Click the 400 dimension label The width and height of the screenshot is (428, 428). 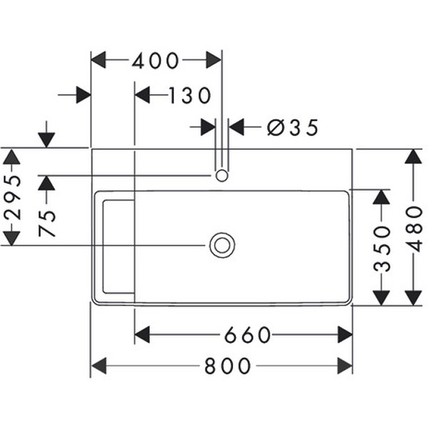click(x=156, y=61)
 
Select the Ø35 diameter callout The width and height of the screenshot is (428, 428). click(x=292, y=128)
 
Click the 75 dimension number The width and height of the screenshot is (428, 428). click(x=47, y=223)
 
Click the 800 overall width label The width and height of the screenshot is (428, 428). click(x=228, y=367)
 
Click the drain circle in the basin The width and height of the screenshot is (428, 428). click(x=222, y=245)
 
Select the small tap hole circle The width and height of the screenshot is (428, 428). click(x=222, y=175)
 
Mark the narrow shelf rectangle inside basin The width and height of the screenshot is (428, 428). click(x=118, y=247)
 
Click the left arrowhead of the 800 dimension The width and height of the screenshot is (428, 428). click(x=98, y=367)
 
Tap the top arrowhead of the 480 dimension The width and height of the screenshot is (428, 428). click(x=414, y=156)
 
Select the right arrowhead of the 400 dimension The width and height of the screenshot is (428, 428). click(x=213, y=61)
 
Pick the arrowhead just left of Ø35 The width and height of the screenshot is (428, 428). click(x=208, y=128)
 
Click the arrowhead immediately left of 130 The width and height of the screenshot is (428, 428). click(x=142, y=95)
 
